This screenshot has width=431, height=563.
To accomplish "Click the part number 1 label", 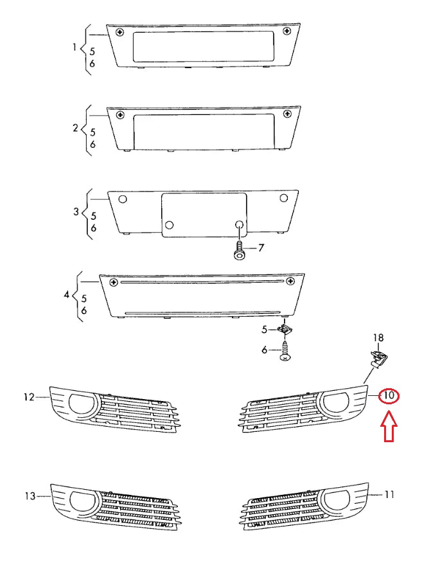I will (x=75, y=48).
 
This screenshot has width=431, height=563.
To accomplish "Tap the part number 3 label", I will (x=75, y=211).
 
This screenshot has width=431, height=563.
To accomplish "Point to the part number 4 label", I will (x=67, y=295).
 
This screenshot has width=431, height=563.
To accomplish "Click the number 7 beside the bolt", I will (x=261, y=247).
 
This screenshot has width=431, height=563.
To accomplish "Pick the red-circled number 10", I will (x=389, y=395).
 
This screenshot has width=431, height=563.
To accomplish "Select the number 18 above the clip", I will (x=379, y=337).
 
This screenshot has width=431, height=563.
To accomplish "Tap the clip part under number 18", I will (x=378, y=356).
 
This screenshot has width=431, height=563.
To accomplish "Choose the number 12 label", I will (x=29, y=397).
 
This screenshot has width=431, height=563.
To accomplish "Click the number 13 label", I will (x=29, y=496).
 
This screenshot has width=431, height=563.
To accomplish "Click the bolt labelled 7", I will (x=240, y=251).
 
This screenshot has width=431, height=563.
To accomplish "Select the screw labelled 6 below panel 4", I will (x=285, y=351).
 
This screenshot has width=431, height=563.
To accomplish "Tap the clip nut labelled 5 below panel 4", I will (x=285, y=330).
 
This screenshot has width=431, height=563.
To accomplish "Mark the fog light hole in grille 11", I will (x=334, y=499).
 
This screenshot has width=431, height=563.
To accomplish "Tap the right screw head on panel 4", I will (x=291, y=281).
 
